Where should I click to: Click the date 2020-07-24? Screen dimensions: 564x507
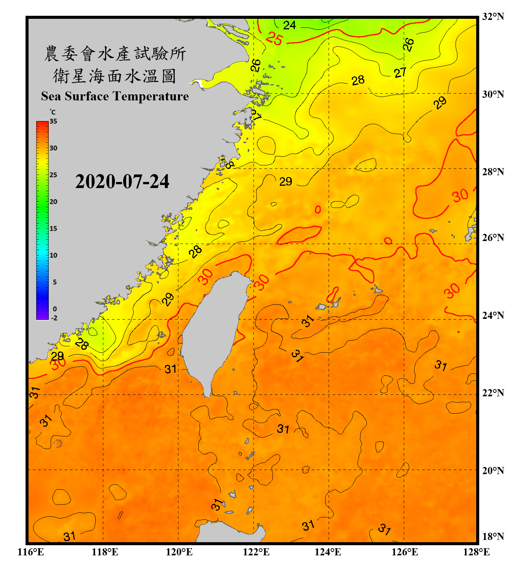[122, 182]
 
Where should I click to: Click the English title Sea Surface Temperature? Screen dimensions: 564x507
[115, 96]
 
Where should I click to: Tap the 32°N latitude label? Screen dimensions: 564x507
[493, 17]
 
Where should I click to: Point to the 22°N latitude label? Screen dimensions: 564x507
[493, 393]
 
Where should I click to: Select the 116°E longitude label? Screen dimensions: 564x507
[31, 552]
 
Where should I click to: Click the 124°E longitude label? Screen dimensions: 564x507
[328, 552]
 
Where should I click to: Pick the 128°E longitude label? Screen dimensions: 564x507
[476, 552]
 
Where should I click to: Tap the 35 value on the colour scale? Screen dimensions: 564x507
[53, 121]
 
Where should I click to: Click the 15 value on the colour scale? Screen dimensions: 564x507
[53, 229]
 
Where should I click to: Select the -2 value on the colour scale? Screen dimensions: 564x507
[54, 318]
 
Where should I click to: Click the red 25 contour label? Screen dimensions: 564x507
[274, 39]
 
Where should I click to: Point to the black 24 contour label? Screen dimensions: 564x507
[289, 25]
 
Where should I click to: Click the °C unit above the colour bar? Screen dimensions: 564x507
[53, 112]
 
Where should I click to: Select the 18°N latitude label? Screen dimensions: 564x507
[493, 537]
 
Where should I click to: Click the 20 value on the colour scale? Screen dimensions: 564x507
[53, 202]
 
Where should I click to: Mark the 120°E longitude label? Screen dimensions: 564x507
[179, 552]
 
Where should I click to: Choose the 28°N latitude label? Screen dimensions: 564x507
[493, 172]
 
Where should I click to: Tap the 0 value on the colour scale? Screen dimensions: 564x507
[55, 309]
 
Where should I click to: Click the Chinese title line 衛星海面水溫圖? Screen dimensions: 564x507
[115, 76]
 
